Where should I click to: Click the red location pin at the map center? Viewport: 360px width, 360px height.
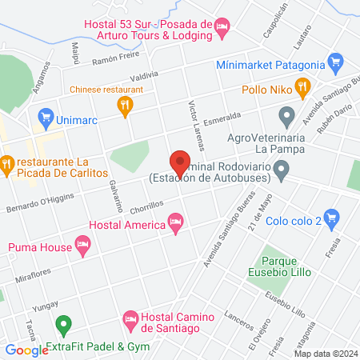pos(180,162)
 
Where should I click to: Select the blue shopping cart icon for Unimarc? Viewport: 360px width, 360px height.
pos(45,117)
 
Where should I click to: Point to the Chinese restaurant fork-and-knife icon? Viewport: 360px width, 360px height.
pos(124,104)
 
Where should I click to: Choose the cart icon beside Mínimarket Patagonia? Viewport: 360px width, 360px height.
pos(336,62)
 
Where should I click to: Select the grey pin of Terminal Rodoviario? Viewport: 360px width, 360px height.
pos(281,170)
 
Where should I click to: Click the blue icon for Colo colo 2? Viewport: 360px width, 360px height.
pos(334,215)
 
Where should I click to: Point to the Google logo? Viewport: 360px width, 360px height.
pos(26,350)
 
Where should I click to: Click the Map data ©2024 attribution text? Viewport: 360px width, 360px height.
pos(325,353)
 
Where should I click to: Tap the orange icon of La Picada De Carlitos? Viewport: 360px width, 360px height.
pos(6,166)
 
